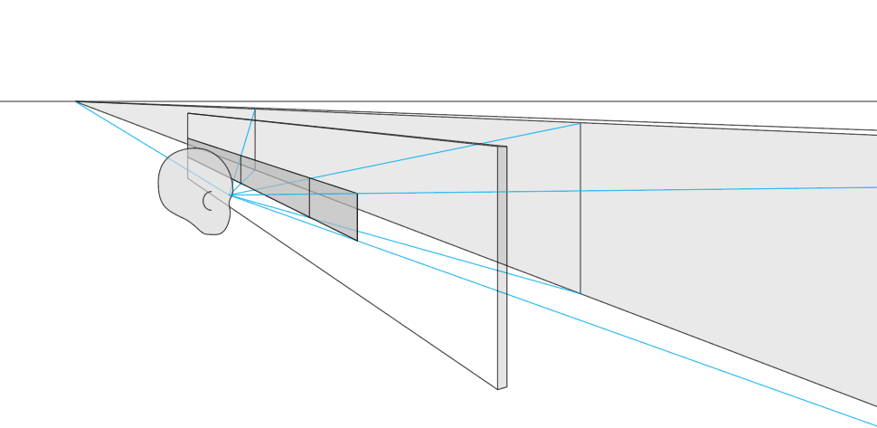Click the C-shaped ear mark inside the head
coord(206,201)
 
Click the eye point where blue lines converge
coord(230,195)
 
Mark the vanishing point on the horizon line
coord(76,101)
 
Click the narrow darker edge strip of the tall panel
coord(503,271)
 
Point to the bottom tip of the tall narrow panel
coord(498,389)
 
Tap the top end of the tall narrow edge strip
coord(503,147)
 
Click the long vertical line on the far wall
coord(580,208)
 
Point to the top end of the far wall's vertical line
coord(580,123)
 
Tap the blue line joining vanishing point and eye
coord(154,149)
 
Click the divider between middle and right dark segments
coord(310,196)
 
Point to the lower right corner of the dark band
coord(357,241)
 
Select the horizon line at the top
coord(452,101)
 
